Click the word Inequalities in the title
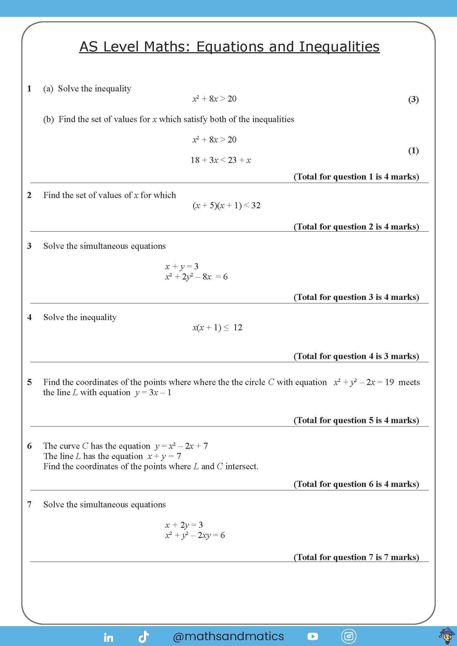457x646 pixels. coord(339,47)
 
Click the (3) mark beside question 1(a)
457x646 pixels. coord(413,99)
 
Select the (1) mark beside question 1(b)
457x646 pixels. coord(413,151)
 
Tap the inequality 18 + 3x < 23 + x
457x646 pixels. coord(220,160)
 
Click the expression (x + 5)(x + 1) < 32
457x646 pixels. coord(227,205)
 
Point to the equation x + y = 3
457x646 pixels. coord(182,266)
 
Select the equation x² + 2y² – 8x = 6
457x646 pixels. coord(196,276)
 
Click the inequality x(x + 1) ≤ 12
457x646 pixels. coord(217,328)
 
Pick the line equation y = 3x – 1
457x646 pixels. coord(153,392)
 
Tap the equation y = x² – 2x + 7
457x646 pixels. coord(181,446)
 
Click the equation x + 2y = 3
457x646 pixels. coord(184,525)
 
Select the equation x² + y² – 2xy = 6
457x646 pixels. coord(195,535)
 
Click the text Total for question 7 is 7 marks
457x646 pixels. coord(356,557)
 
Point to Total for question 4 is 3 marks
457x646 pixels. coord(356,356)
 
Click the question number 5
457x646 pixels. coord(30,382)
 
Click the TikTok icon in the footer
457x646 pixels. coord(143,637)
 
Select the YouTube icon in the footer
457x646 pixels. coord(313,636)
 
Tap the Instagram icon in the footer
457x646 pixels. coord(349,636)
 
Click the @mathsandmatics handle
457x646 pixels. coord(228,636)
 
